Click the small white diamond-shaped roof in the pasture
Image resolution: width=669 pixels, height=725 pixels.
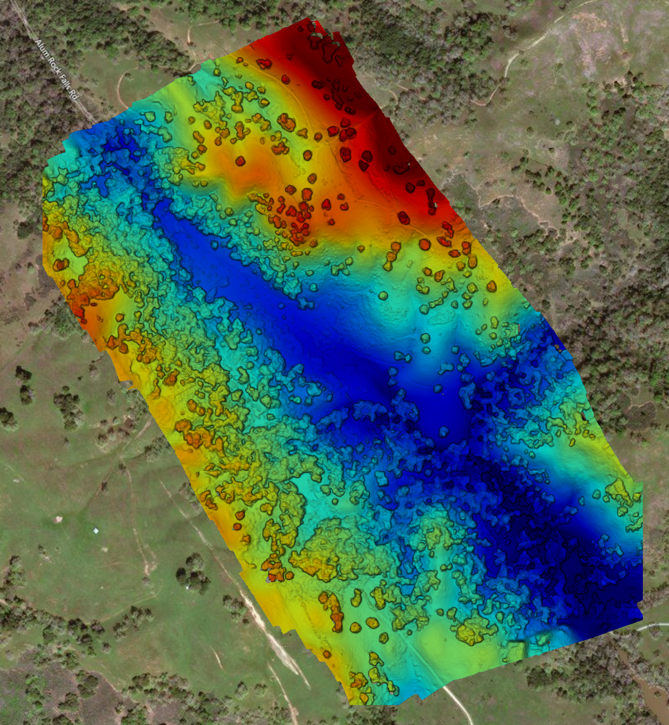(x=96, y=531)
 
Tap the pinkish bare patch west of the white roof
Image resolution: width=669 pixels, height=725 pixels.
(x=58, y=519)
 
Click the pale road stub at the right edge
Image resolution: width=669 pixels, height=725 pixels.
(x=656, y=625)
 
